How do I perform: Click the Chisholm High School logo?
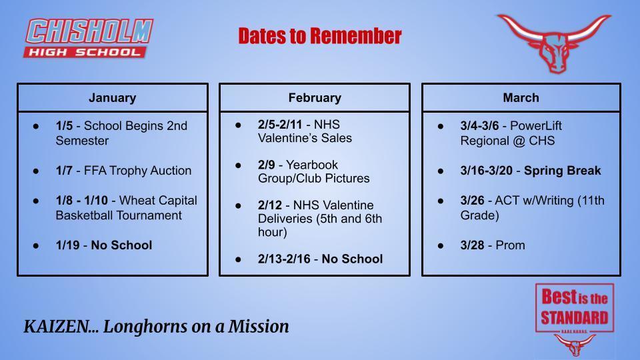[89, 38]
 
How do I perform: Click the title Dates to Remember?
[319, 36]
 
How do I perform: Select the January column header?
[112, 98]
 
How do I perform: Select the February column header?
[315, 98]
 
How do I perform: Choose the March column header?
[521, 98]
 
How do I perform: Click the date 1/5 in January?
[64, 126]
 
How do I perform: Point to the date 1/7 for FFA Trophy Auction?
[64, 171]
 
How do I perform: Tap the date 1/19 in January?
[68, 245]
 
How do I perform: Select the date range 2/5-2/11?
[280, 125]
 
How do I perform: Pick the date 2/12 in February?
[269, 205]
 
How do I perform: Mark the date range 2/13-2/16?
[284, 259]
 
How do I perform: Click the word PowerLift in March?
[536, 126]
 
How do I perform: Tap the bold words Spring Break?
[562, 171]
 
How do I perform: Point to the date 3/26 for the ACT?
[472, 201]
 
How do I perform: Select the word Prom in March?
[511, 245]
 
